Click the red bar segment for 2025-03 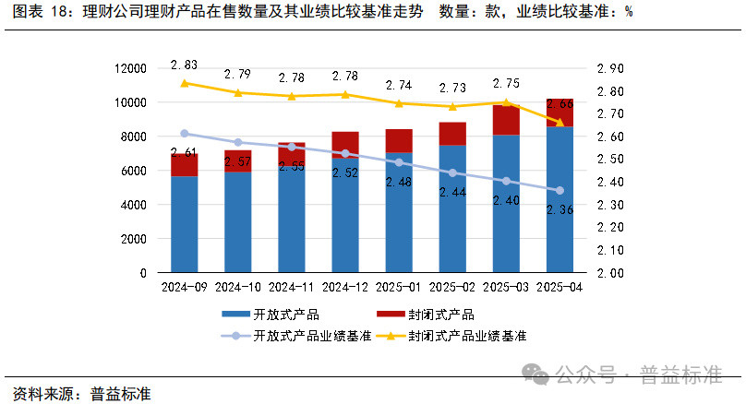(506, 120)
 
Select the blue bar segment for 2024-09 (185, 224)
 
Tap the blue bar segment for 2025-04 (559, 199)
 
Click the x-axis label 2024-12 (345, 287)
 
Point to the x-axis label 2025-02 (452, 287)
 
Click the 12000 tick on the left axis (129, 68)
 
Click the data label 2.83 (185, 65)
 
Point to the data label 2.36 (559, 210)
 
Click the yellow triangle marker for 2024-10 (238, 92)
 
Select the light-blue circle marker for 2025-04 (559, 191)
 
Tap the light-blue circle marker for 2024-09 (185, 134)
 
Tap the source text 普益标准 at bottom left (120, 392)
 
